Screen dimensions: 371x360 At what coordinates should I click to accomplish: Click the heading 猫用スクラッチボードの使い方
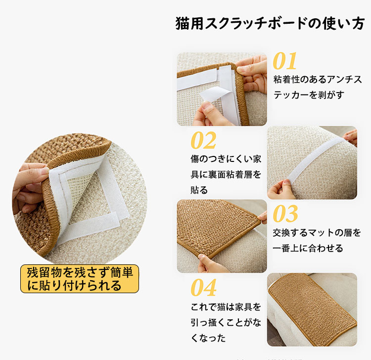[270, 23]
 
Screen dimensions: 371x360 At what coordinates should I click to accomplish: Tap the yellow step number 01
[284, 61]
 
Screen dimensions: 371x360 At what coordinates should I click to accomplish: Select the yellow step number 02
[203, 140]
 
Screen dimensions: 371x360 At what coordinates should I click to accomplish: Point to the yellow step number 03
[285, 213]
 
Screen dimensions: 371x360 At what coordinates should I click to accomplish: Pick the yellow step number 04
[203, 288]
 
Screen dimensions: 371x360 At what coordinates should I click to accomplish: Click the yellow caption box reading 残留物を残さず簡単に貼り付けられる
[80, 279]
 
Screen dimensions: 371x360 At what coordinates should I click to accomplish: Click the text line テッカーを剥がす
[309, 95]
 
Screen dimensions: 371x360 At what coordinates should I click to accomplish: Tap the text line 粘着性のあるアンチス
[318, 79]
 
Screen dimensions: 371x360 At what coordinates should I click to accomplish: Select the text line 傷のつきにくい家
[226, 159]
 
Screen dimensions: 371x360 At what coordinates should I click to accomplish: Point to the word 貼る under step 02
[199, 190]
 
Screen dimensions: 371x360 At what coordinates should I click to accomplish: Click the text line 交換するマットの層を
[317, 233]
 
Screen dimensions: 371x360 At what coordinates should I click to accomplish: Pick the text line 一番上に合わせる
[308, 248]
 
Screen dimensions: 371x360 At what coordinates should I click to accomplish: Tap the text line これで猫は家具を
[226, 307]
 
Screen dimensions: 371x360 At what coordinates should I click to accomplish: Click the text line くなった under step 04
[208, 338]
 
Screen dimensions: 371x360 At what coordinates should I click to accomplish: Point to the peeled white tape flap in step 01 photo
[214, 95]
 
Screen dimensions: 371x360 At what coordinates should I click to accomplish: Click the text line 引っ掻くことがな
[226, 322]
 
